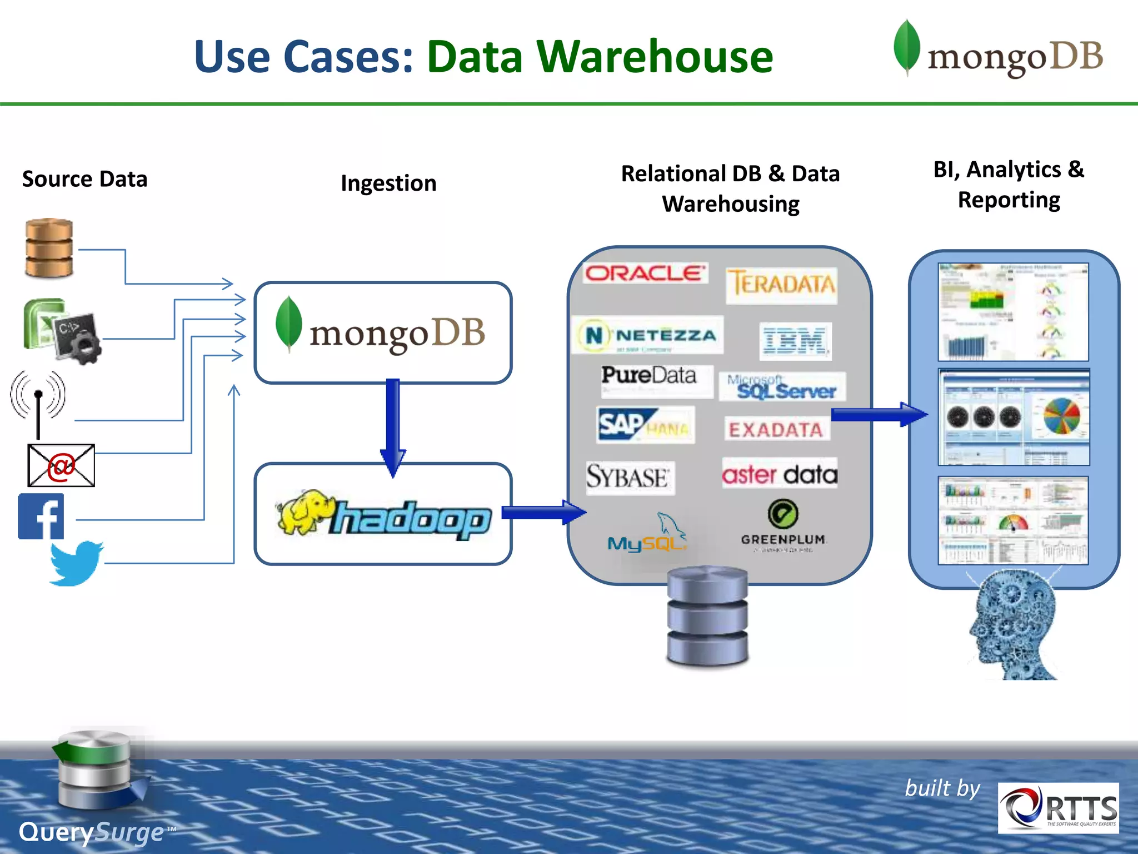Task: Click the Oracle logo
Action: point(645,273)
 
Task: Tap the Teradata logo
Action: point(781,284)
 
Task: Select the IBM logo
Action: point(795,340)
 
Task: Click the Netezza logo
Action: point(648,335)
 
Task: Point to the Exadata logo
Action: point(776,429)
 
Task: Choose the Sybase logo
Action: point(629,477)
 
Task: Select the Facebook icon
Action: point(41,517)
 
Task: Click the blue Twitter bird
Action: point(76,563)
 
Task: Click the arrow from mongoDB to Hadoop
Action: point(393,425)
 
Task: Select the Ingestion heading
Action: point(388,183)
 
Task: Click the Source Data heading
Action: point(84,179)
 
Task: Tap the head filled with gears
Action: point(1014,625)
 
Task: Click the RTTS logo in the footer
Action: point(1058,808)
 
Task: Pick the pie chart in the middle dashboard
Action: point(1061,416)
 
